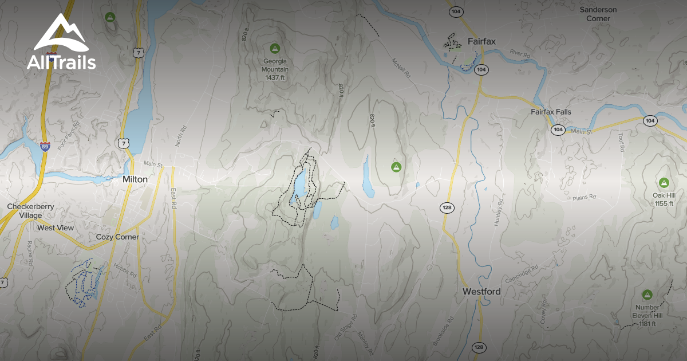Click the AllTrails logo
click(x=61, y=42)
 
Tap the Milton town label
click(x=135, y=179)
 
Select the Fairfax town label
click(x=481, y=41)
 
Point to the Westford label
click(x=481, y=292)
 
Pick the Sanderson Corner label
click(x=598, y=14)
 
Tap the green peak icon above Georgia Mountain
click(x=274, y=48)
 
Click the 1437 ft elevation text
click(x=275, y=77)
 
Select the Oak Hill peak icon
click(x=664, y=183)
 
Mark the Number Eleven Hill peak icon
click(x=647, y=295)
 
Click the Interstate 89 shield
click(x=45, y=146)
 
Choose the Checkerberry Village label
click(x=25, y=210)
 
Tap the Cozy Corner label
click(x=117, y=237)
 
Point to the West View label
click(x=56, y=228)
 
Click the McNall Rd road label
click(x=402, y=68)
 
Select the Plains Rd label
click(x=584, y=198)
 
